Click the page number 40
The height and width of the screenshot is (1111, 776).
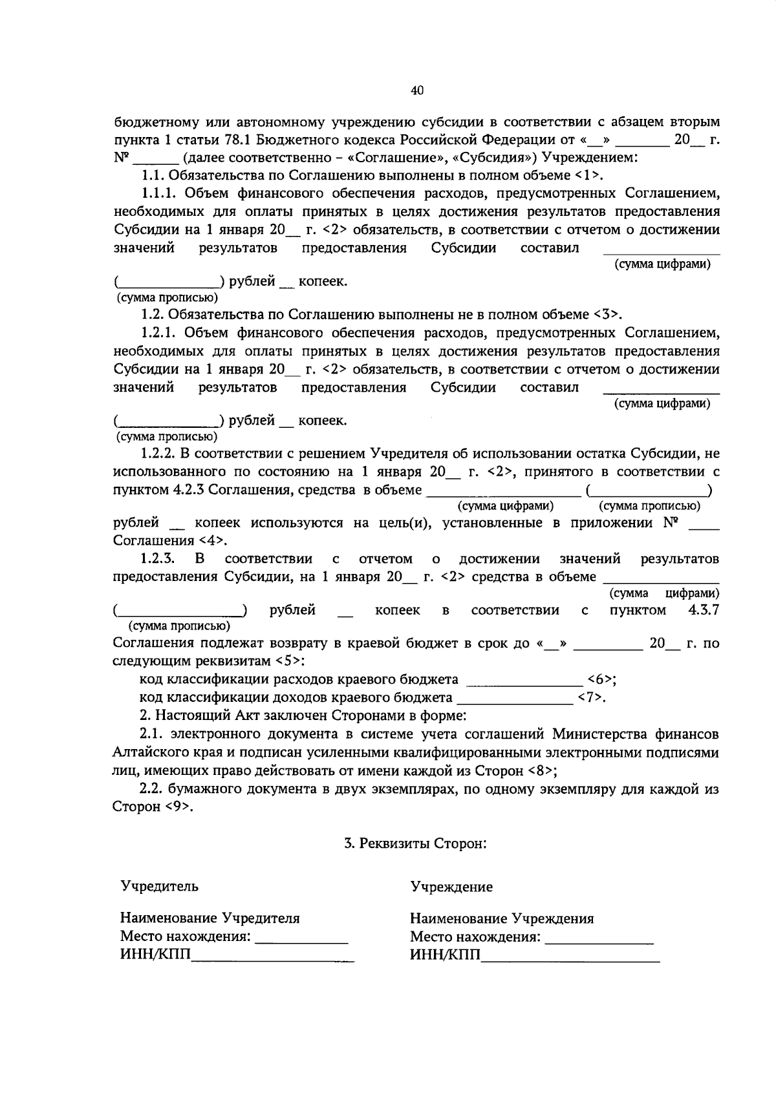click(416, 91)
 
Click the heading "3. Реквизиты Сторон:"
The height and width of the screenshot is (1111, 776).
click(415, 843)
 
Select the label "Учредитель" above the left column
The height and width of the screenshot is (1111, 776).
click(159, 886)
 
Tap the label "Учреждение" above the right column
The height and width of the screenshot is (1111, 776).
click(451, 887)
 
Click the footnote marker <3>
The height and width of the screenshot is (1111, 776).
click(606, 315)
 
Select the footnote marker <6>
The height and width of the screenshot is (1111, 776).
click(599, 679)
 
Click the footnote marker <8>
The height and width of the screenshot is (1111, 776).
click(542, 771)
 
